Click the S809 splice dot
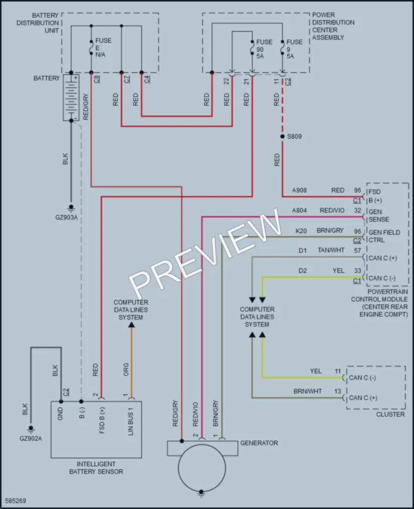click(282, 136)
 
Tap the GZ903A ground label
click(66, 218)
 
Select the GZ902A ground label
click(31, 439)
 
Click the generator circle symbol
click(202, 468)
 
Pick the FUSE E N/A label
click(103, 48)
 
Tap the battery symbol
click(71, 97)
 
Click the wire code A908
click(299, 190)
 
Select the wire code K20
click(301, 231)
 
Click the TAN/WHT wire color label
click(331, 250)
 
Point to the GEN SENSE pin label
click(379, 216)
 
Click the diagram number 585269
click(16, 500)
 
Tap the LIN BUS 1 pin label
click(131, 422)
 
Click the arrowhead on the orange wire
click(131, 325)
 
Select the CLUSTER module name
click(390, 414)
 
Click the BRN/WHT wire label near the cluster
click(307, 391)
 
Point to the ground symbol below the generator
click(201, 494)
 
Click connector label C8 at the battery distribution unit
click(97, 79)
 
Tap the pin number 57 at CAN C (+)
click(358, 250)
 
